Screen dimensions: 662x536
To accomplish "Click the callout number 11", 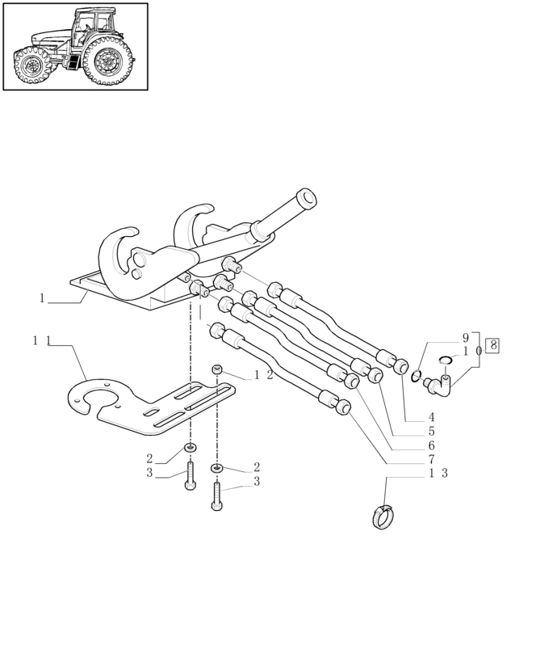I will (x=41, y=341).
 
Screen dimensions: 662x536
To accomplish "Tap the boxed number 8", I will (x=492, y=346).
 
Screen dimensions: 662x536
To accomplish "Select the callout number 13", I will (x=438, y=473).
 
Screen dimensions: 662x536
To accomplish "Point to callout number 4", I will (x=432, y=418).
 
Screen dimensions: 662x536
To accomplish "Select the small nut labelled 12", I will (x=217, y=369).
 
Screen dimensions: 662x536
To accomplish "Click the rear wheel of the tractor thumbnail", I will (x=108, y=60).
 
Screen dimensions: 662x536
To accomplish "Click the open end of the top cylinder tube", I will (x=307, y=197).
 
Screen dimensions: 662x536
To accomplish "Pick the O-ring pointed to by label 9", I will (x=416, y=376).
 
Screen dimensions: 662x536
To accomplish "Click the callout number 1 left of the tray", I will (x=42, y=298).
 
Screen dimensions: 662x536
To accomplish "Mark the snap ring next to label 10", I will (x=446, y=361).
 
